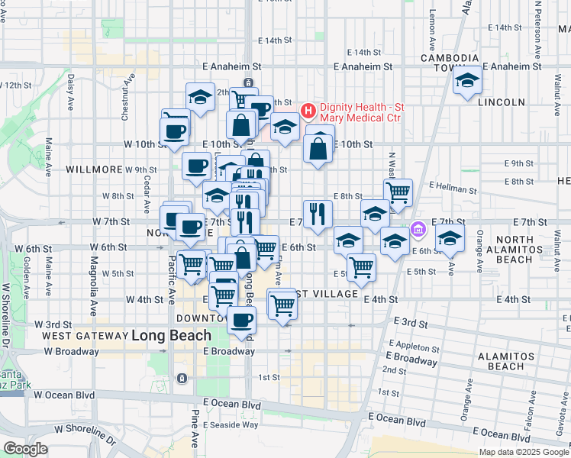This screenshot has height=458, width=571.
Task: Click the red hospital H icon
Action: click(308, 111)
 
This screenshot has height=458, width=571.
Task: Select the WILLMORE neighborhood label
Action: click(95, 169)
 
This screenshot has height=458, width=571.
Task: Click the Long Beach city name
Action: click(171, 335)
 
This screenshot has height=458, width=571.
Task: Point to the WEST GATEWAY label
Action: click(85, 336)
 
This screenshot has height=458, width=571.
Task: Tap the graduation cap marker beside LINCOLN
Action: click(466, 81)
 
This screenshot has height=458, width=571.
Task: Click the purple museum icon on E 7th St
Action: click(418, 228)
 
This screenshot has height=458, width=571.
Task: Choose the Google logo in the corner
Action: click(25, 449)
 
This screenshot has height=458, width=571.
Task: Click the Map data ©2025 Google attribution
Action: click(524, 452)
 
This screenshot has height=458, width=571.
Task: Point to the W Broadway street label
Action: click(71, 351)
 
